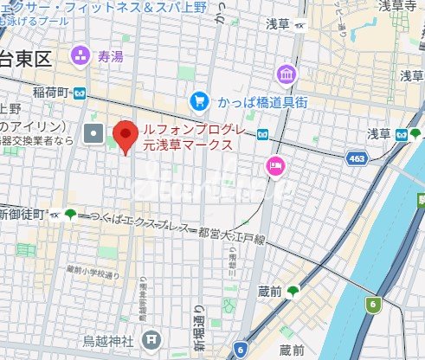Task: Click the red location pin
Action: [x=127, y=137]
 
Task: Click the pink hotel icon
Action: [x=276, y=166]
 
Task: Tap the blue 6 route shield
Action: [x=238, y=349]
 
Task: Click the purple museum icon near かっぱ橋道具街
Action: [x=287, y=74]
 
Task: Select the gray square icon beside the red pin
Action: [x=93, y=133]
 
